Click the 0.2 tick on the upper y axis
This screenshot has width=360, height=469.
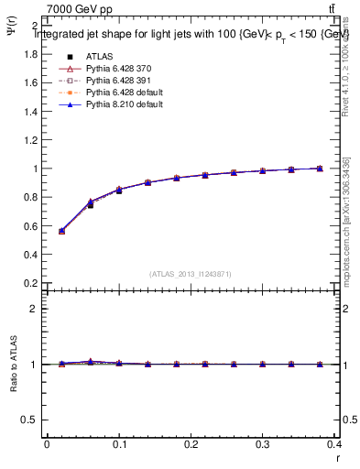pos(32,283)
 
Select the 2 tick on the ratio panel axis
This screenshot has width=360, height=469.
pos(36,309)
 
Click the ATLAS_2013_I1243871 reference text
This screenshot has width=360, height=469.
pos(191,274)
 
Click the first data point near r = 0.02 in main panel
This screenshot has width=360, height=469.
pos(61,231)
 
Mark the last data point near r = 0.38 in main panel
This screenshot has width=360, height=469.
pos(320,169)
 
